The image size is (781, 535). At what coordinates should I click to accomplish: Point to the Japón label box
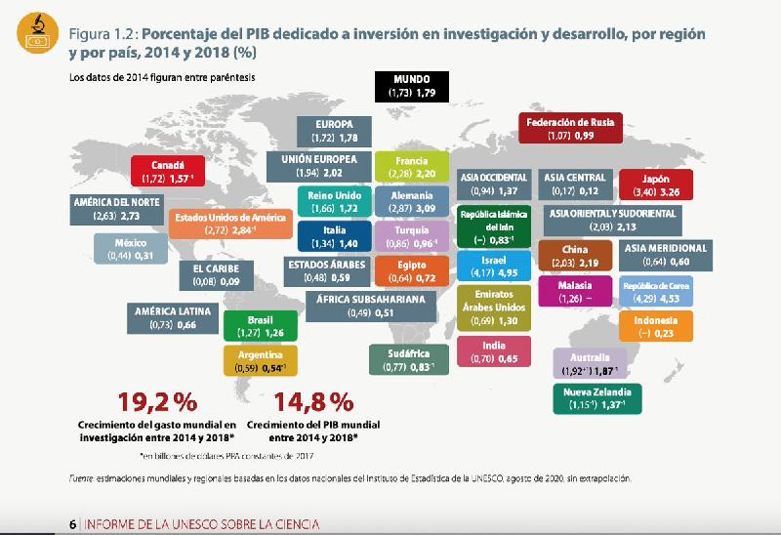coord(656,185)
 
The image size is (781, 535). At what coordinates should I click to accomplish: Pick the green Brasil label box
coord(260,325)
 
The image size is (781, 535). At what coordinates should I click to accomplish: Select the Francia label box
coord(409,167)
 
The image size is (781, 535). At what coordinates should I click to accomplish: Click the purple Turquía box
coord(409,235)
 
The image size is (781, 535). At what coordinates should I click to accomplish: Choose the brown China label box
coord(575,256)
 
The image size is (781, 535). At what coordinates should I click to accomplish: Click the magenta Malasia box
coord(575,291)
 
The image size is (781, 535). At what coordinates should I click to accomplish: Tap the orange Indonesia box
coord(656,325)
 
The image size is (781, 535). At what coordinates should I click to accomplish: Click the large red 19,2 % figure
coord(157,401)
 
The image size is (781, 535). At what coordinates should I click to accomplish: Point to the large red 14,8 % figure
coord(312,401)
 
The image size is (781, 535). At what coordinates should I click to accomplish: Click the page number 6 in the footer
coord(73,524)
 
